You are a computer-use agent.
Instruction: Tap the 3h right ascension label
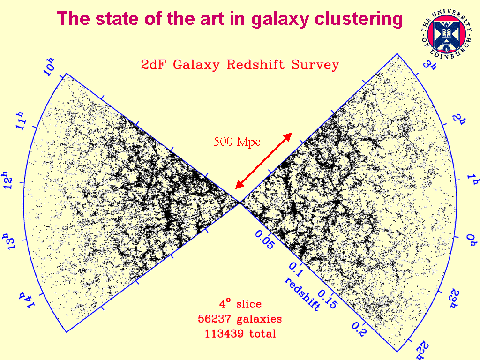(428, 64)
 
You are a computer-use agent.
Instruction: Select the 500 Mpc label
(237, 141)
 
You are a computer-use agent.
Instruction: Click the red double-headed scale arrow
(264, 160)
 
